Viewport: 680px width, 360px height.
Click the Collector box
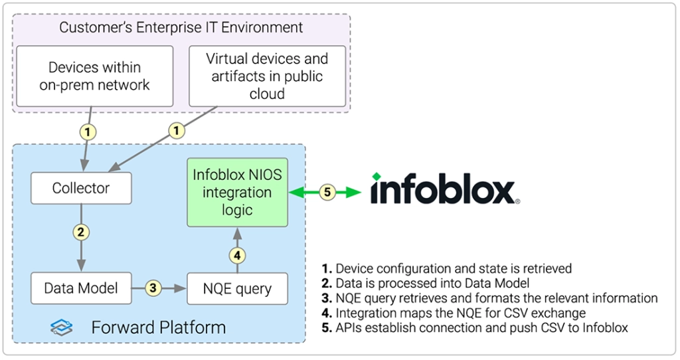81,189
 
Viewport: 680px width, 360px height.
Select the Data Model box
81,288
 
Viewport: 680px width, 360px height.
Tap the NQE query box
238,288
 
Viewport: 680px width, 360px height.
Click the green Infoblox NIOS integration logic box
237,193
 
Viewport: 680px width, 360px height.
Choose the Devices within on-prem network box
94,76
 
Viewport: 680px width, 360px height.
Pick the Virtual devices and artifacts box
267,76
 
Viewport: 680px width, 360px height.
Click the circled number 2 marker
82,232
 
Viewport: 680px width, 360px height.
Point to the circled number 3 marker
153,288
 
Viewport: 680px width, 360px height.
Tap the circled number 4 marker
237,254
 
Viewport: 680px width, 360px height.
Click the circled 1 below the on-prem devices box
88,132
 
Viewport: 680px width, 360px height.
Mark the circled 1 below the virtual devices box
176,132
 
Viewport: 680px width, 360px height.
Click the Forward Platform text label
158,327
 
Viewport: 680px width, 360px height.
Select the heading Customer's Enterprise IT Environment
181,27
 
